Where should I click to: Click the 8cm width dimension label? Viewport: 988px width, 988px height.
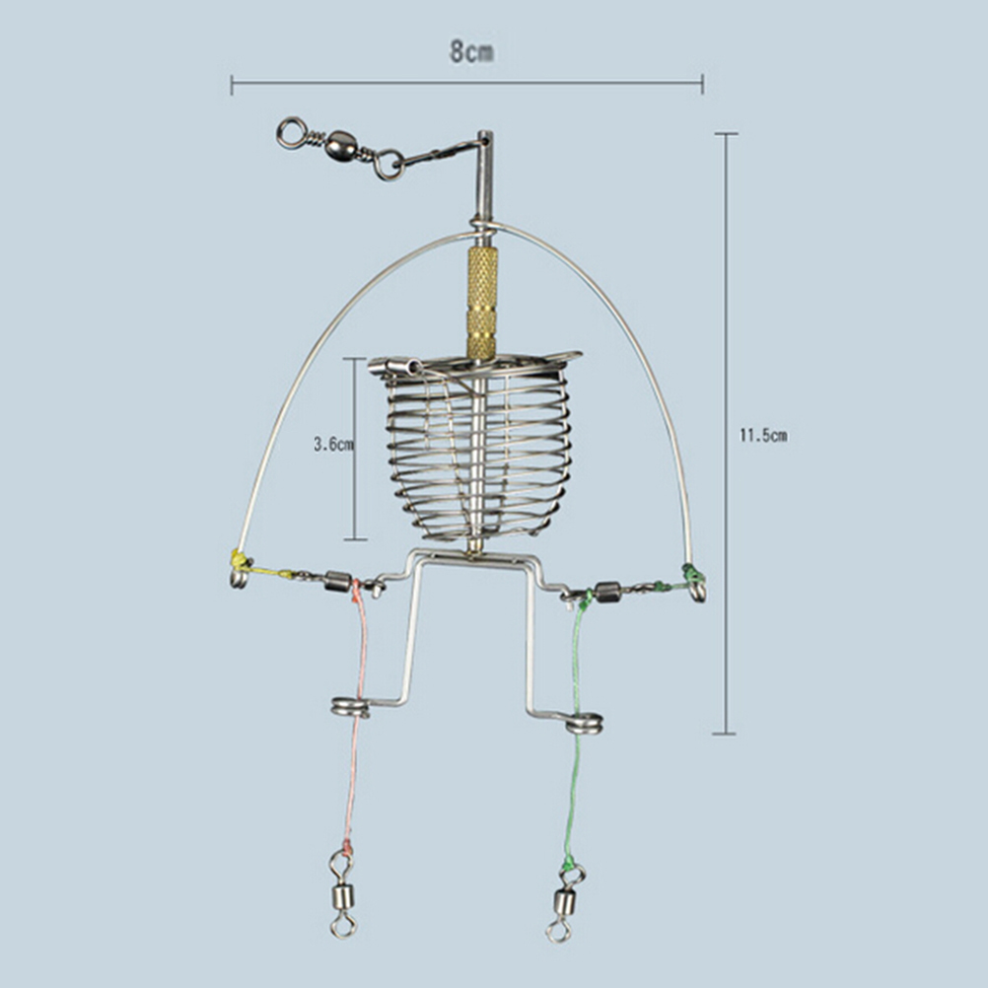[471, 51]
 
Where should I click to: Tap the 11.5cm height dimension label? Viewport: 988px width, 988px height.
[762, 436]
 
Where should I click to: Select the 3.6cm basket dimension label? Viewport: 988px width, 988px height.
[333, 445]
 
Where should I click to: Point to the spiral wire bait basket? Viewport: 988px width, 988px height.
[476, 449]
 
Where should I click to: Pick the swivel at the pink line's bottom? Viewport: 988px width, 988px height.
[343, 893]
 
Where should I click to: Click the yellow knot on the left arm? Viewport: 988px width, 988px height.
[240, 559]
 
